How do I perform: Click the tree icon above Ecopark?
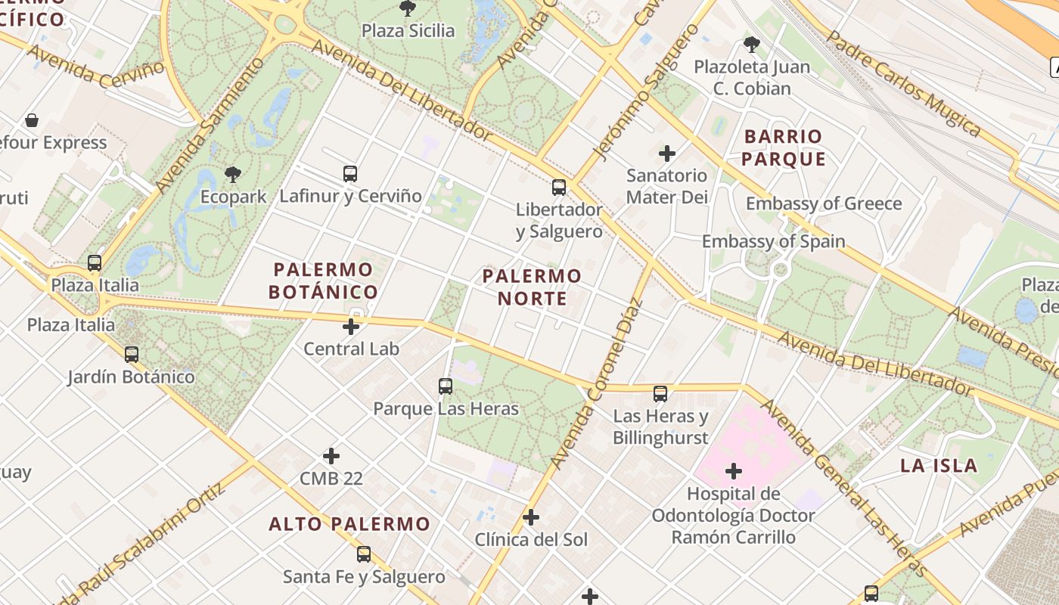point(233,175)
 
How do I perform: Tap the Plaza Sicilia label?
point(408,31)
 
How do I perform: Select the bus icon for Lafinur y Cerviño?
point(349,174)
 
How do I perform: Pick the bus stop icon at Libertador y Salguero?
point(559,188)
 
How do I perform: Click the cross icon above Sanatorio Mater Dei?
point(666,154)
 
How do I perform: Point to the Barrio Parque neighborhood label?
point(783,147)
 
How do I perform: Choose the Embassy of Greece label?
point(824,203)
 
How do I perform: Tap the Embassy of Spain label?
point(773,241)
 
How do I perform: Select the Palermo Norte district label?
point(532,287)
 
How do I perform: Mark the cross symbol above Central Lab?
point(351,327)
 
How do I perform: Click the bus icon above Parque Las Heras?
point(446,386)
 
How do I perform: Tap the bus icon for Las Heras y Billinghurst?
point(660,393)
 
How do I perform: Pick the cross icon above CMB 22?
point(331,456)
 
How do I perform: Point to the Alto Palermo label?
point(349,523)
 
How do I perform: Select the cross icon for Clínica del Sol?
point(531,517)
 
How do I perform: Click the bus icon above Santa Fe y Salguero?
point(364,554)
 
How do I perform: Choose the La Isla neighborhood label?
point(939,465)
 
